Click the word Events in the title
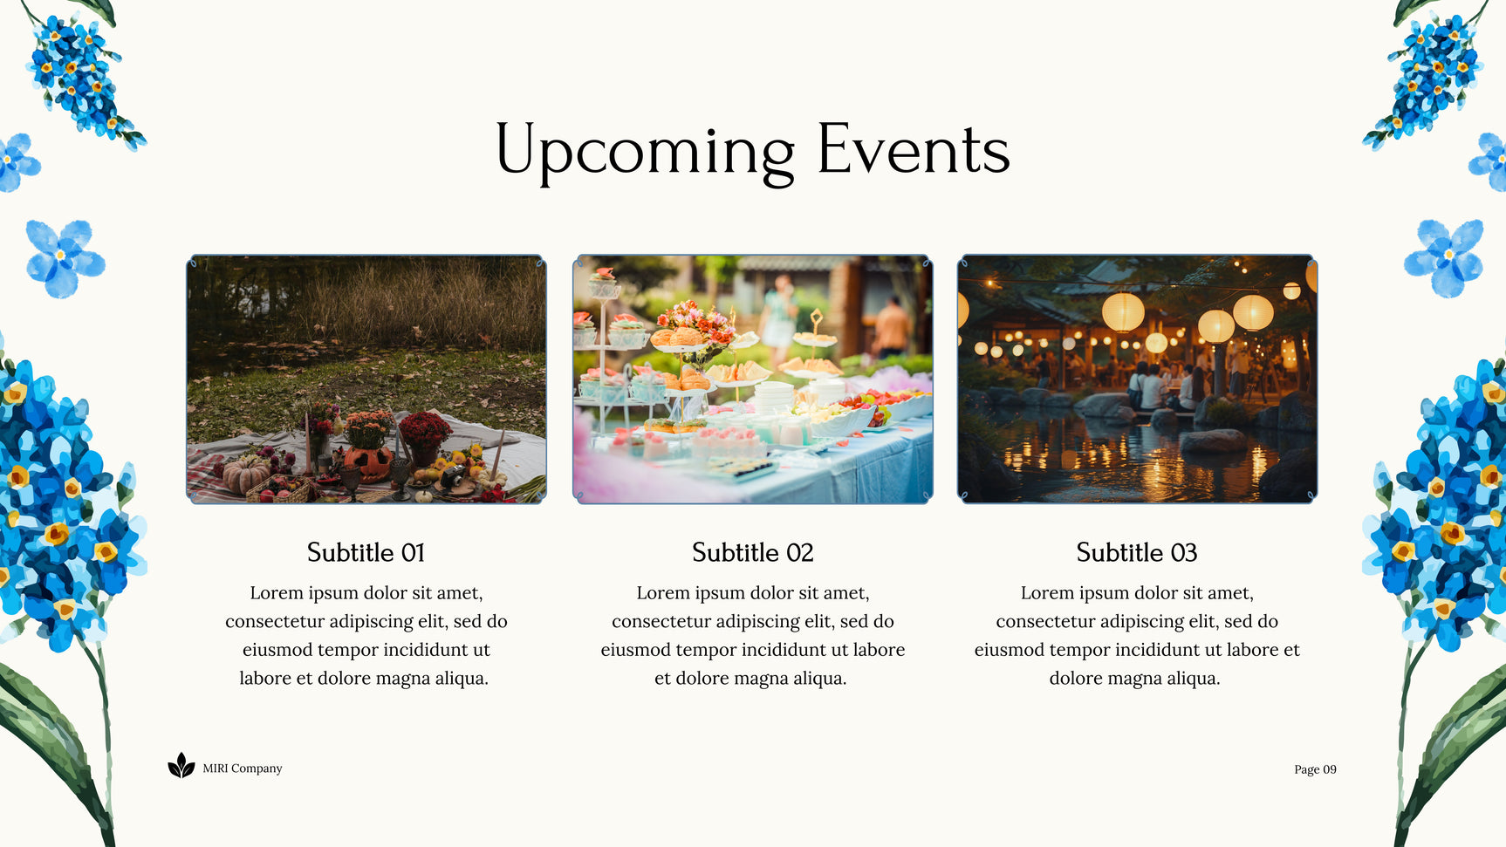point(914,149)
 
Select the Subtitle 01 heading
point(366,552)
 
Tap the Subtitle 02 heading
point(752,552)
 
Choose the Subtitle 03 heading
point(1136,552)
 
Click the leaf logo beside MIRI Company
point(181,766)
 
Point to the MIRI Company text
point(243,768)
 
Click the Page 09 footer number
point(1315,769)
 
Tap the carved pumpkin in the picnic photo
point(368,463)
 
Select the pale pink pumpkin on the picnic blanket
point(246,476)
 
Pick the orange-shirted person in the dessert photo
point(893,327)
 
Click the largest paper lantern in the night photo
point(1123,311)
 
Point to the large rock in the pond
point(1214,441)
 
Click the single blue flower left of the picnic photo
point(65,257)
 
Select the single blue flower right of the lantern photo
point(1444,257)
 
